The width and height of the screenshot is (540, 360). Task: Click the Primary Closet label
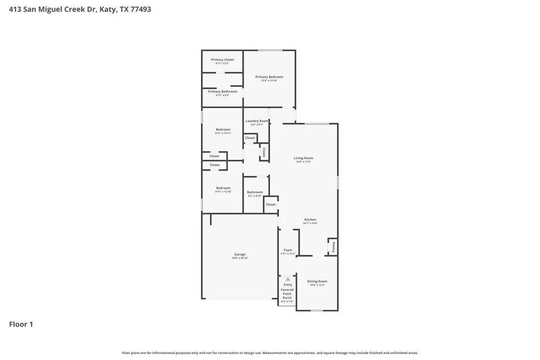point(222,60)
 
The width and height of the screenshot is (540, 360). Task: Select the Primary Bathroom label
point(222,92)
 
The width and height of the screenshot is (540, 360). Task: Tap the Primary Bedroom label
point(269,77)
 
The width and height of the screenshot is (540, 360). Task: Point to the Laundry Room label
point(256,121)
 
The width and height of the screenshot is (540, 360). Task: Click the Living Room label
point(303,158)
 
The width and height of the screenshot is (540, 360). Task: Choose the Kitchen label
point(310,220)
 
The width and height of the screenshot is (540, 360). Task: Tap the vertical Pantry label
point(334,247)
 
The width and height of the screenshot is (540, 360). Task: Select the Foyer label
point(288,250)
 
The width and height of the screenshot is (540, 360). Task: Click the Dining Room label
point(317,281)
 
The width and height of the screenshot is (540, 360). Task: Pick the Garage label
point(240,254)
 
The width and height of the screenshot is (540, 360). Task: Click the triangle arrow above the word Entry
point(288,279)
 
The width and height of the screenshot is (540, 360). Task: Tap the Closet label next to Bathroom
point(271,205)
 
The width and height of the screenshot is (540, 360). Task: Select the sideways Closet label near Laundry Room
point(264,152)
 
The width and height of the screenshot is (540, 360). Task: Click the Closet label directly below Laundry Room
point(250,138)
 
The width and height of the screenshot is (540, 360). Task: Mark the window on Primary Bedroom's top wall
point(269,50)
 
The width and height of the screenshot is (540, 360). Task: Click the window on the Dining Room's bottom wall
point(317,310)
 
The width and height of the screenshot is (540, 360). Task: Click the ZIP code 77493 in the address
point(139,9)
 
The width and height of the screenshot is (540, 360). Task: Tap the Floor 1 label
point(21,324)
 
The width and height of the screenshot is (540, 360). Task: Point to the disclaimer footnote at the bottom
point(269,353)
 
